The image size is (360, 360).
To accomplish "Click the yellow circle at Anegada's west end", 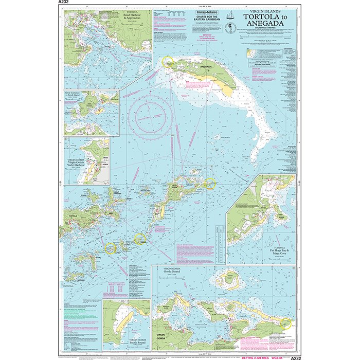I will pyautogui.click(x=167, y=61).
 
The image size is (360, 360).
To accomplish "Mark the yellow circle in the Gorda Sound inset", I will pyautogui.click(x=286, y=324).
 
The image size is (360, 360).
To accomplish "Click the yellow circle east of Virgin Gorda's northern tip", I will pyautogui.click(x=209, y=183).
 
